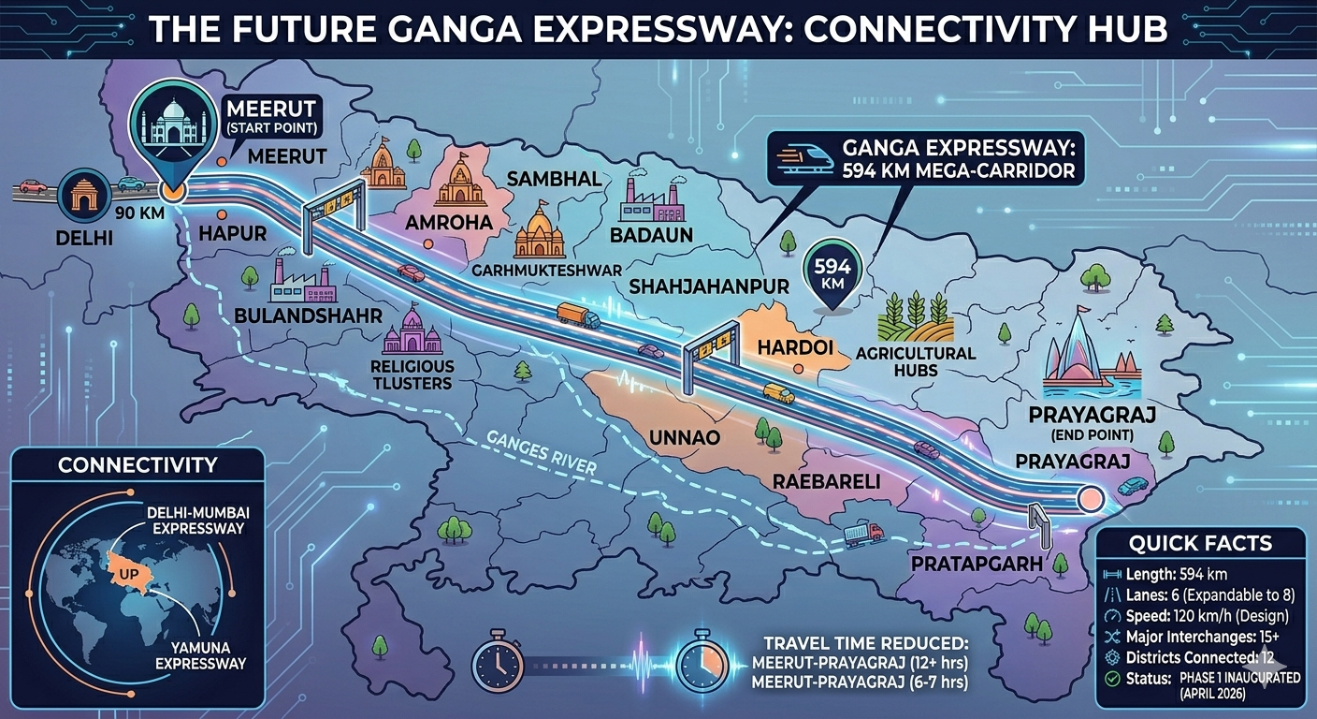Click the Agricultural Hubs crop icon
pyautogui.click(x=914, y=317)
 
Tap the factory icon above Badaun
pyautogui.click(x=652, y=199)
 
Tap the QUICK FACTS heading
pyautogui.click(x=1200, y=543)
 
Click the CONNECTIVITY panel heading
pyautogui.click(x=137, y=465)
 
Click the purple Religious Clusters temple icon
pyautogui.click(x=412, y=330)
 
